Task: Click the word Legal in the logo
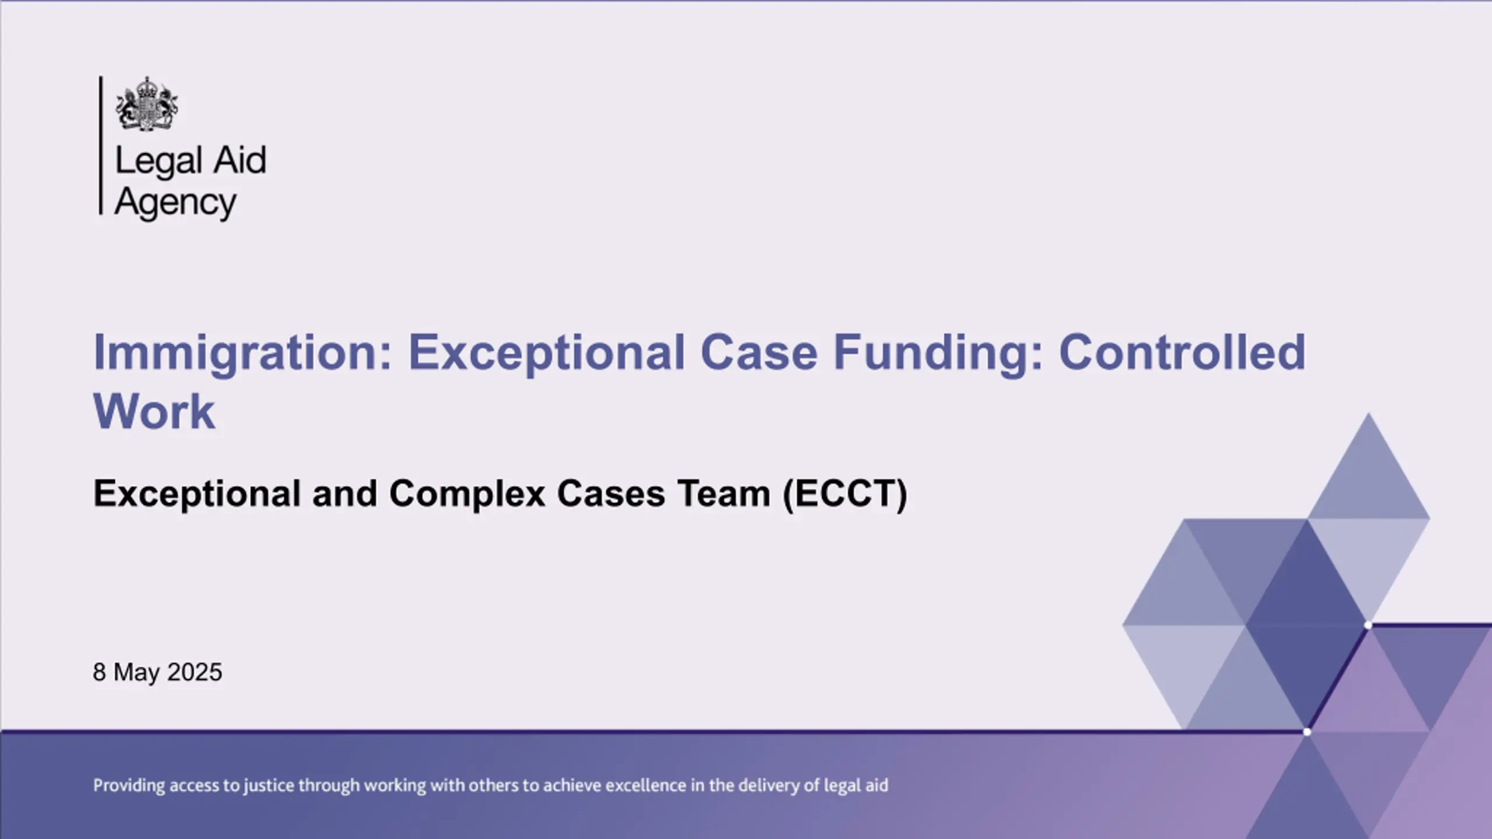[x=159, y=161]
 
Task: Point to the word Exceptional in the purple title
[x=547, y=354]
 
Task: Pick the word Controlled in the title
[x=1182, y=352]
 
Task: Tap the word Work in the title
[x=154, y=411]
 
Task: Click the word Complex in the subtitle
[x=467, y=494]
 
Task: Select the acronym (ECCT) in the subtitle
[x=845, y=494]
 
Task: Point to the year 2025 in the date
[x=194, y=672]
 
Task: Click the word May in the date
[x=136, y=674]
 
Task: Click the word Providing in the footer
[x=129, y=786]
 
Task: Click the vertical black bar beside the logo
[x=101, y=145]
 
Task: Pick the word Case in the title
[x=759, y=352]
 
